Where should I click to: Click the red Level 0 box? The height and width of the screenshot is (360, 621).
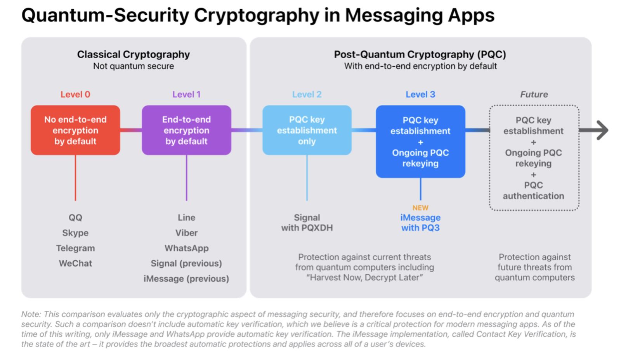point(75,130)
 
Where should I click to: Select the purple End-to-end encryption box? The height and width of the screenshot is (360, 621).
point(186,130)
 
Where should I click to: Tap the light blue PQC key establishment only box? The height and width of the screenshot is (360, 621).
point(307,130)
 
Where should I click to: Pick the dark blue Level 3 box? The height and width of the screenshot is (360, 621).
point(420,142)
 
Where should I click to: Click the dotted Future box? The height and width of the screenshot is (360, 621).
point(534,158)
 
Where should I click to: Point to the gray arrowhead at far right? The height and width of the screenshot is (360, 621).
point(601,130)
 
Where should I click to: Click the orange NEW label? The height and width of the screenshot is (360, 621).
point(420,208)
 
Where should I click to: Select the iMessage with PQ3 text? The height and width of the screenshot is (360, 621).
point(420,223)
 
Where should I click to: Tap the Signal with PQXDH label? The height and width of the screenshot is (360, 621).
point(307,223)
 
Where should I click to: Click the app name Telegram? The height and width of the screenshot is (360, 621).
point(75,248)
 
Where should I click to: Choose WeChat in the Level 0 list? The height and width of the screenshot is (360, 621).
point(75,263)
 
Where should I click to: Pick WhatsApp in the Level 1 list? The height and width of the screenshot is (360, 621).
point(186,248)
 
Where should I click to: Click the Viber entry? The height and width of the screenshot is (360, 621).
point(186,233)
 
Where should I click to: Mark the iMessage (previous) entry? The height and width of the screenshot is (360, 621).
point(186,279)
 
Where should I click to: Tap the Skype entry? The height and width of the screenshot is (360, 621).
point(75,233)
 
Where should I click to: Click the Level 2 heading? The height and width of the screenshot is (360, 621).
point(307,94)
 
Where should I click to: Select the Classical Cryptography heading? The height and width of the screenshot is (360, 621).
point(134,54)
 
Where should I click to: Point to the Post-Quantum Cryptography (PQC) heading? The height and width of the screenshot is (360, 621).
point(420,54)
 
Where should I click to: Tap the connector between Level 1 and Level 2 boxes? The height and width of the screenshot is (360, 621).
point(247,130)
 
